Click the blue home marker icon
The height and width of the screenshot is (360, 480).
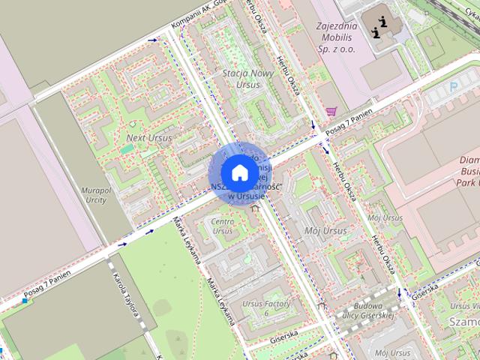239,172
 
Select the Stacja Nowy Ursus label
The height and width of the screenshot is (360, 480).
241,79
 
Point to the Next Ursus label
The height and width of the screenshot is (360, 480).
148,138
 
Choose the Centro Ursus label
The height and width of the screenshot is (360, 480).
223,226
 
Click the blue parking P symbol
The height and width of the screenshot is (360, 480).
452,87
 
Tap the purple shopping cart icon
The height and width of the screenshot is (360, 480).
331,111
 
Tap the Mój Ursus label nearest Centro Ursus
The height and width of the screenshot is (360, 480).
327,231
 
